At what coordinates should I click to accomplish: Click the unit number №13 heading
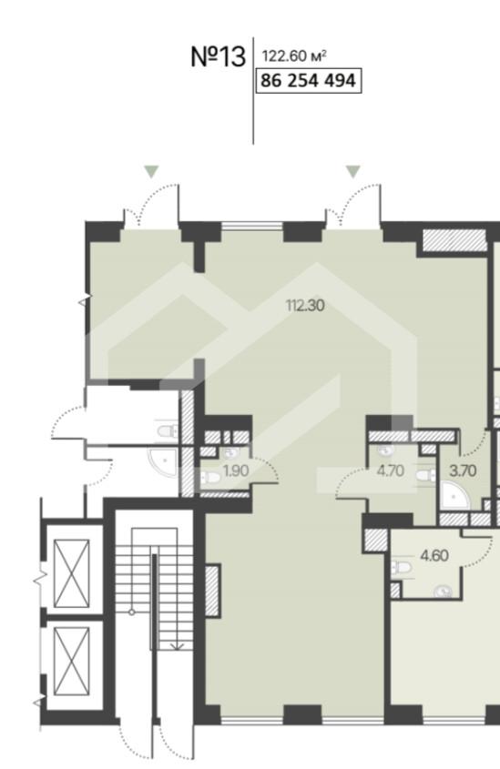(x=218, y=57)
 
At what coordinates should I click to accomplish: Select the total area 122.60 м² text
(x=294, y=56)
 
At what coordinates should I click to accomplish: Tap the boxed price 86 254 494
(x=309, y=80)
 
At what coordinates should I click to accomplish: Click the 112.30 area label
(x=305, y=306)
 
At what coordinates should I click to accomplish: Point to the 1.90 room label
(x=236, y=471)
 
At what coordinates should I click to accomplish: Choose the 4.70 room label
(x=390, y=471)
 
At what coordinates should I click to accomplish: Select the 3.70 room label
(x=463, y=471)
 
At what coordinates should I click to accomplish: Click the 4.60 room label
(x=434, y=556)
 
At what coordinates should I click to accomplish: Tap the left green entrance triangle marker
(x=151, y=172)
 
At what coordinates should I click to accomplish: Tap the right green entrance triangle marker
(x=353, y=172)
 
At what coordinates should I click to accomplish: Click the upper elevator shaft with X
(x=72, y=573)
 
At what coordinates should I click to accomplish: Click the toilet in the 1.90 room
(x=210, y=477)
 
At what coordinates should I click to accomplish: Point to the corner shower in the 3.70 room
(x=454, y=495)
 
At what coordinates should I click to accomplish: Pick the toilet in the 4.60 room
(x=401, y=568)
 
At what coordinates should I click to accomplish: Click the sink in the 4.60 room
(x=444, y=592)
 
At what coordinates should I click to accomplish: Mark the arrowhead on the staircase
(x=177, y=646)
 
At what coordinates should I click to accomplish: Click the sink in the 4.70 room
(x=385, y=450)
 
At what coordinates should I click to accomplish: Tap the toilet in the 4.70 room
(x=426, y=475)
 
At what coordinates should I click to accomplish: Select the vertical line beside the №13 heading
(x=253, y=91)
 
